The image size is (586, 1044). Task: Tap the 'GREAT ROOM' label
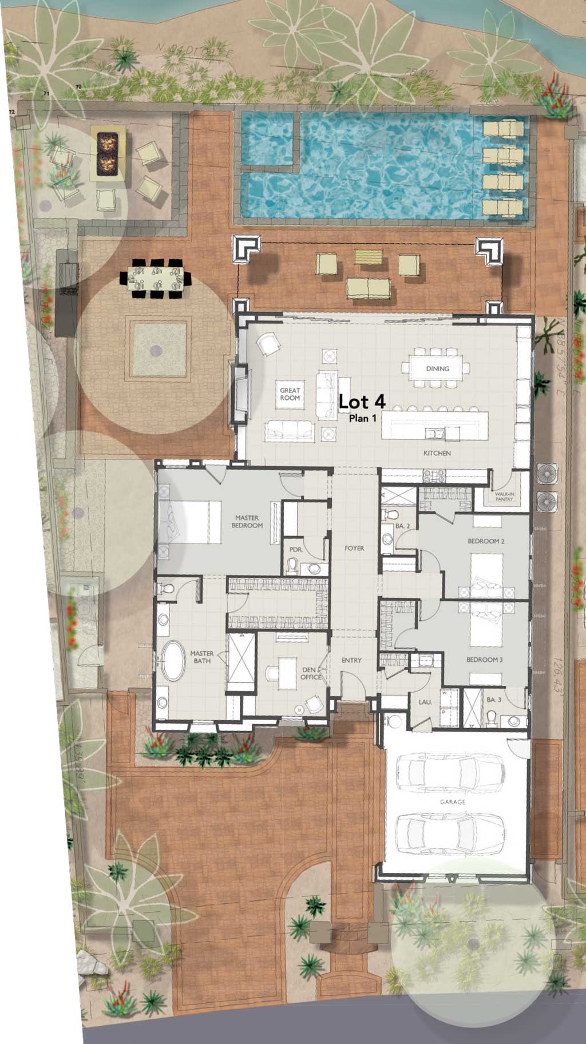290,394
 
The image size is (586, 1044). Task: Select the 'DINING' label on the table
437,369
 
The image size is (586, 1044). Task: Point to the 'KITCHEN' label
437,453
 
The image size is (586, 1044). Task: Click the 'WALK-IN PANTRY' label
504,497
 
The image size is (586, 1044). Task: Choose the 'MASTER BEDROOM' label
247,522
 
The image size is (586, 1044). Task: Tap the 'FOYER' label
354,548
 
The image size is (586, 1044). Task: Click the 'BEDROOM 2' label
486,541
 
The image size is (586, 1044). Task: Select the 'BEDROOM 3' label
484,660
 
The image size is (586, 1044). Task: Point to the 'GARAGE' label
453,802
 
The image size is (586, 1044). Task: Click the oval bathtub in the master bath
173,661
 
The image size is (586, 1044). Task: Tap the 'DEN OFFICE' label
311,673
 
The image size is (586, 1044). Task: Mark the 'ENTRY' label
351,660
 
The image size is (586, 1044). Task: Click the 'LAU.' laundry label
425,701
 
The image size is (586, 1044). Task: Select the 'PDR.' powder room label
296,550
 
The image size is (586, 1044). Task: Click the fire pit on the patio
107,153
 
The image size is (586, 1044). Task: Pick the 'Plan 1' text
363,418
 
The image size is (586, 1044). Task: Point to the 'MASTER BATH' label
201,657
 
